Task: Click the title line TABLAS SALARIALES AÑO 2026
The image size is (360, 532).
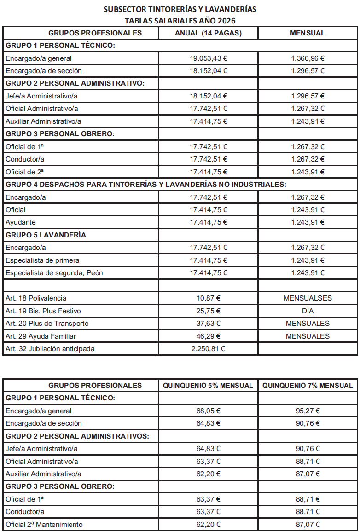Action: point(180,20)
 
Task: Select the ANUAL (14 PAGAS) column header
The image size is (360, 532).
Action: point(208,33)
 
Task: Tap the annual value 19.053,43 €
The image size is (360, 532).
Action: point(209,58)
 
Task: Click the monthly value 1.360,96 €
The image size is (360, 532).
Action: point(308,58)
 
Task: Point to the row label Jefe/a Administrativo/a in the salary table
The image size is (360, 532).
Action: point(41,96)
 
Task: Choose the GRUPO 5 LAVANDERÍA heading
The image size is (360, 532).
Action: point(46,235)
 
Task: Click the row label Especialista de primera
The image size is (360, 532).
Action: point(42,260)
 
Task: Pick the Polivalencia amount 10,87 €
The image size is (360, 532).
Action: point(209,298)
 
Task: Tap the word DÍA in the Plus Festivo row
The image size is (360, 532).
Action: point(308,311)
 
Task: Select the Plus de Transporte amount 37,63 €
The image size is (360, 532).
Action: point(209,324)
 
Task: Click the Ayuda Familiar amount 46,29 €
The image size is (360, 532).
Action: point(209,336)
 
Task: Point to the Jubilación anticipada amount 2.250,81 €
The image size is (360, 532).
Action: point(209,349)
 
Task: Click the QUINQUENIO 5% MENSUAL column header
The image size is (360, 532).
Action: point(208,385)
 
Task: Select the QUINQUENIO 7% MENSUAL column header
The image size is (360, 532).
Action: point(308,385)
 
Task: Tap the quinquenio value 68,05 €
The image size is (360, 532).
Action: point(209,411)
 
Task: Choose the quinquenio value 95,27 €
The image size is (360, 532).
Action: point(308,411)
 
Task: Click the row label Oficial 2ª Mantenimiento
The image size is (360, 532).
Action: point(44,524)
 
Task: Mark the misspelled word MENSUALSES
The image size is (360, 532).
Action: point(308,298)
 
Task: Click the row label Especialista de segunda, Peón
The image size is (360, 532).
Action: point(54,273)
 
